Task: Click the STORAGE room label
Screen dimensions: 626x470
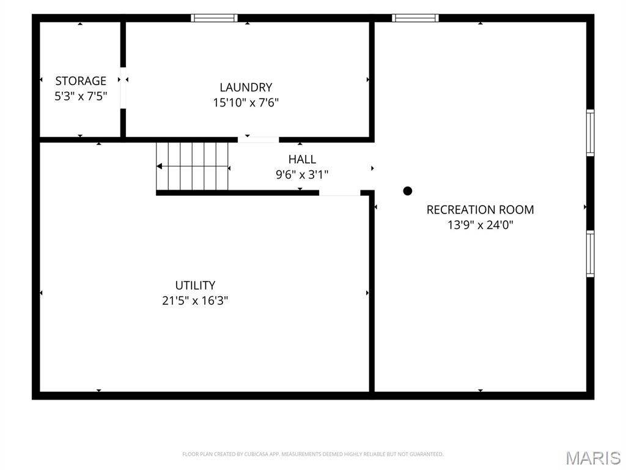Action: [x=81, y=81]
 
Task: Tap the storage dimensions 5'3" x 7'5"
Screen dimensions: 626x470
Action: [x=81, y=96]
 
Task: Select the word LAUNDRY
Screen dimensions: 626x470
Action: [x=246, y=87]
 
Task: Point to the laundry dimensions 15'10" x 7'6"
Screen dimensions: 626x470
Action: [x=246, y=103]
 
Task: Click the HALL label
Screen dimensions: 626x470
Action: [x=302, y=160]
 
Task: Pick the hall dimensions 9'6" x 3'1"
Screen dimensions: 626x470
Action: [x=302, y=174]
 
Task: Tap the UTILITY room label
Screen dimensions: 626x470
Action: [x=195, y=285]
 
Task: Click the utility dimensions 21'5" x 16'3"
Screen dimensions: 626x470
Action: [x=195, y=300]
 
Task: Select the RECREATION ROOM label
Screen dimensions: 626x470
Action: [x=481, y=210]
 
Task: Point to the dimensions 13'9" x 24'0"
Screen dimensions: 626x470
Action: [x=481, y=225]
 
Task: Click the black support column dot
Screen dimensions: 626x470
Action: [x=408, y=191]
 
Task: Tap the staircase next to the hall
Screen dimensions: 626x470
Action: [x=192, y=166]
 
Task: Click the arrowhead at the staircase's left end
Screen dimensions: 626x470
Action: [x=159, y=166]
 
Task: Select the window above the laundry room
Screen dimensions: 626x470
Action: [x=214, y=18]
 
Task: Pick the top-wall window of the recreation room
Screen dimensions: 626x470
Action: [x=415, y=18]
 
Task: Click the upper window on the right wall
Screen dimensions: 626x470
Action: [x=590, y=133]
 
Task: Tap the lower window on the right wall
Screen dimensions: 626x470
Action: [x=590, y=254]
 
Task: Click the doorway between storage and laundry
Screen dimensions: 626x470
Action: [x=123, y=88]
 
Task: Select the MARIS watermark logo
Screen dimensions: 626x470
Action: [x=593, y=458]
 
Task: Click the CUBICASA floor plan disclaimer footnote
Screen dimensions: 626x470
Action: [x=312, y=454]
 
